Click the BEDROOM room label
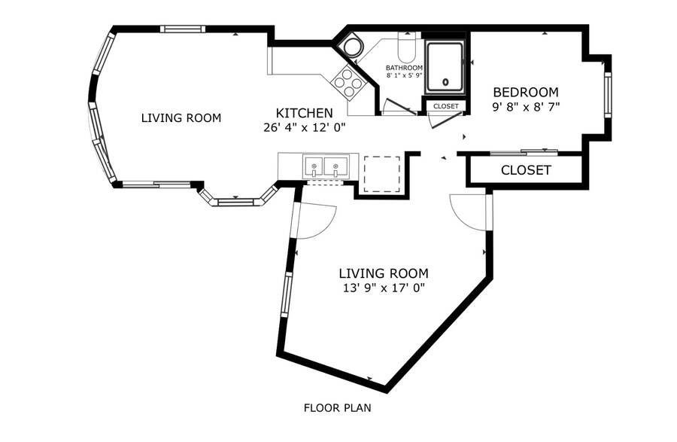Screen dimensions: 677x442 (526, 92)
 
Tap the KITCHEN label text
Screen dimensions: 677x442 (305, 113)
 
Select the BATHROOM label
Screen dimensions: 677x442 (404, 68)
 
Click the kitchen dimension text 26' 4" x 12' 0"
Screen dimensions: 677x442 (305, 128)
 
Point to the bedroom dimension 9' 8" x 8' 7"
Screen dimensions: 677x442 (526, 107)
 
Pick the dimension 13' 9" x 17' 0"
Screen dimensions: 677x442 (384, 288)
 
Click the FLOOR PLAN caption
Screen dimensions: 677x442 (337, 408)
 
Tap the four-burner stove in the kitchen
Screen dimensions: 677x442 (348, 82)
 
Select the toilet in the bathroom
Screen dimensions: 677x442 (406, 47)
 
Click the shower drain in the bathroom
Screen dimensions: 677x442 (445, 81)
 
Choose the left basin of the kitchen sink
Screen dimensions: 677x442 (314, 166)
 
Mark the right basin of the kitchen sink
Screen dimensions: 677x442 (335, 166)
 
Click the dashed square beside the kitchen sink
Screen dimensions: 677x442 (382, 174)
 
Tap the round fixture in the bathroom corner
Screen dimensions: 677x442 (351, 46)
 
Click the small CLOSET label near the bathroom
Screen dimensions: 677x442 (446, 106)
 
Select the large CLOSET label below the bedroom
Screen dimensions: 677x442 (526, 170)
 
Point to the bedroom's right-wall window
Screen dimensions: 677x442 (608, 94)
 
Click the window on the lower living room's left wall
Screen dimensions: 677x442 (287, 295)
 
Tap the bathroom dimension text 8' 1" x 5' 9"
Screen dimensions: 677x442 (404, 75)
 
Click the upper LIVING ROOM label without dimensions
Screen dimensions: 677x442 (181, 118)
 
